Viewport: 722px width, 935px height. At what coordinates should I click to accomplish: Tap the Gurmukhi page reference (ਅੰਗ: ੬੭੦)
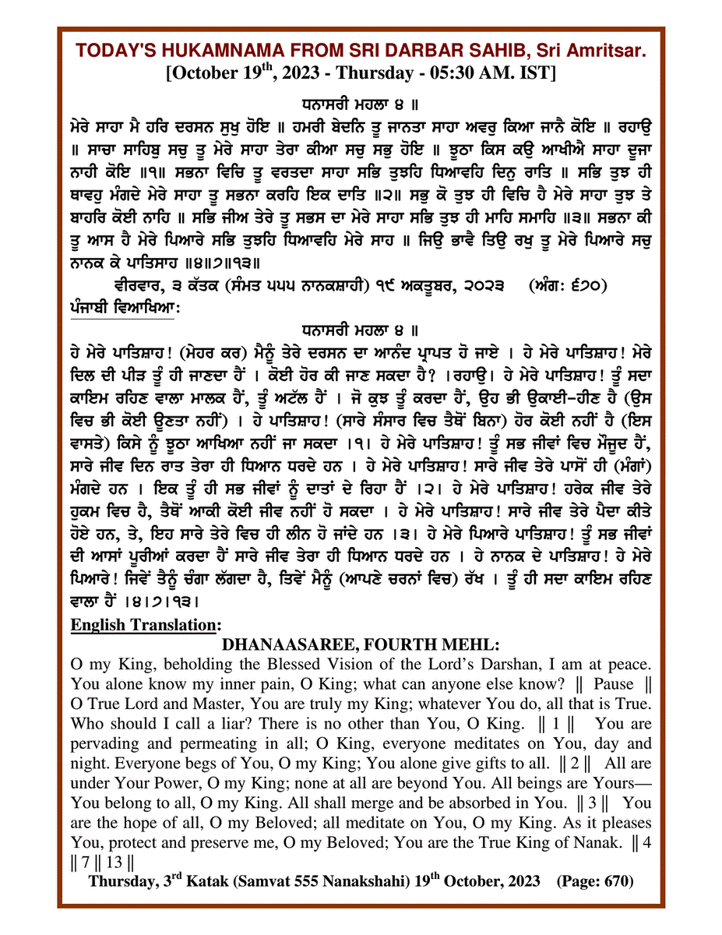570,287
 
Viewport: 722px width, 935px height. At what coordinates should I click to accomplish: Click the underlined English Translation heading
146,625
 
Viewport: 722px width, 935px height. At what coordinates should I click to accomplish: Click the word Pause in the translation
614,685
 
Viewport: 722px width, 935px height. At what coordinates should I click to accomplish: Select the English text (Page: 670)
594,881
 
